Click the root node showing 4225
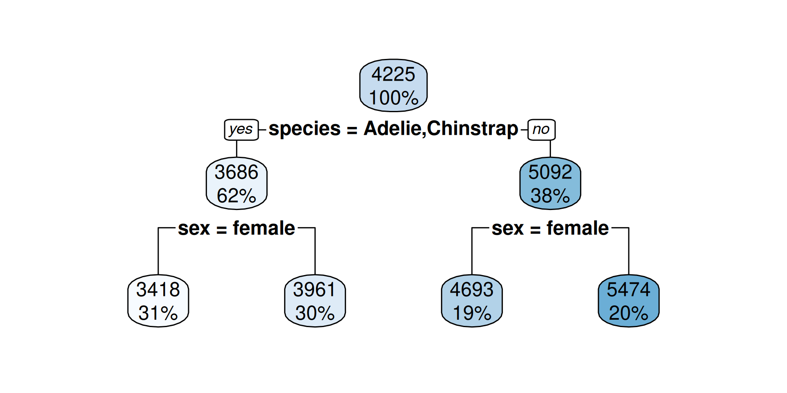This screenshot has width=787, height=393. tap(393, 85)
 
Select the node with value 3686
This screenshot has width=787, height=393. tap(237, 183)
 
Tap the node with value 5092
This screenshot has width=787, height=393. tap(550, 183)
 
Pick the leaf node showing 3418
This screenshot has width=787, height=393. tap(158, 300)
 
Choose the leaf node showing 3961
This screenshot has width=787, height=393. tap(315, 300)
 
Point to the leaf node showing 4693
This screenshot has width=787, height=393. tap(472, 300)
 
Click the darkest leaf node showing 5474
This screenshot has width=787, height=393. tap(628, 300)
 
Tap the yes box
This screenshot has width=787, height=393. tap(241, 129)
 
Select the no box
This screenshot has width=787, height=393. tap(541, 129)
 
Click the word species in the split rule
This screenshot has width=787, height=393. tap(305, 129)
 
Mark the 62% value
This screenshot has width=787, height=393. tap(237, 196)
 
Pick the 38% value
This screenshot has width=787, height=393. tap(550, 196)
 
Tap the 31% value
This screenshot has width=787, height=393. tap(158, 313)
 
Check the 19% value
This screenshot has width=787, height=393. tap(472, 313)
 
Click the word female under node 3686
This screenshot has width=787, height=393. tap(264, 228)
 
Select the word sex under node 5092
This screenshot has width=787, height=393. tap(507, 229)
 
